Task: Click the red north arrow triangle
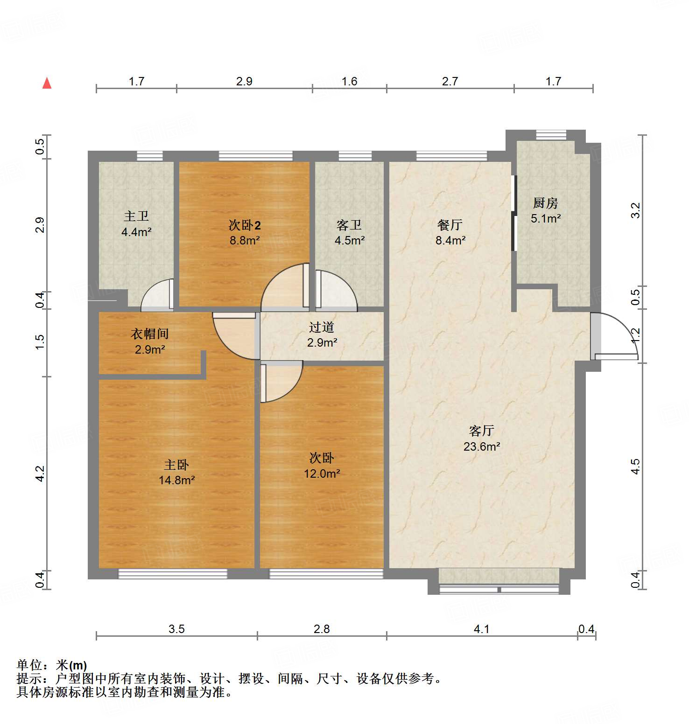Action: point(47,84)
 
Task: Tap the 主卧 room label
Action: point(176,465)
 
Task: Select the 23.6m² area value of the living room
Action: point(482,446)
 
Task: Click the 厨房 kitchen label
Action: point(545,203)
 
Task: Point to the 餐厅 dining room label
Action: point(450,225)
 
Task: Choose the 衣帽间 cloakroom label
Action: point(149,334)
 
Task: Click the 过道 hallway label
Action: point(322,327)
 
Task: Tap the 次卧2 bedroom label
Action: point(245,225)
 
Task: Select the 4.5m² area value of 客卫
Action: point(350,240)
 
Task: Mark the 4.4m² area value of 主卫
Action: point(136,232)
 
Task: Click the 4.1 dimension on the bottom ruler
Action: point(482,629)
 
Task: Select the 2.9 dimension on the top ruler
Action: point(244,81)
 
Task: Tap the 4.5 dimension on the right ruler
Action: point(635,466)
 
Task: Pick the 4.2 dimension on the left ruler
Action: point(40,473)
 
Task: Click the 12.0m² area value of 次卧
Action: point(322,473)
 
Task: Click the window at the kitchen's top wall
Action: point(551,135)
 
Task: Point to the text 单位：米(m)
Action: point(52,665)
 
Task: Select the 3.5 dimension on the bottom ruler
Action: point(176,629)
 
